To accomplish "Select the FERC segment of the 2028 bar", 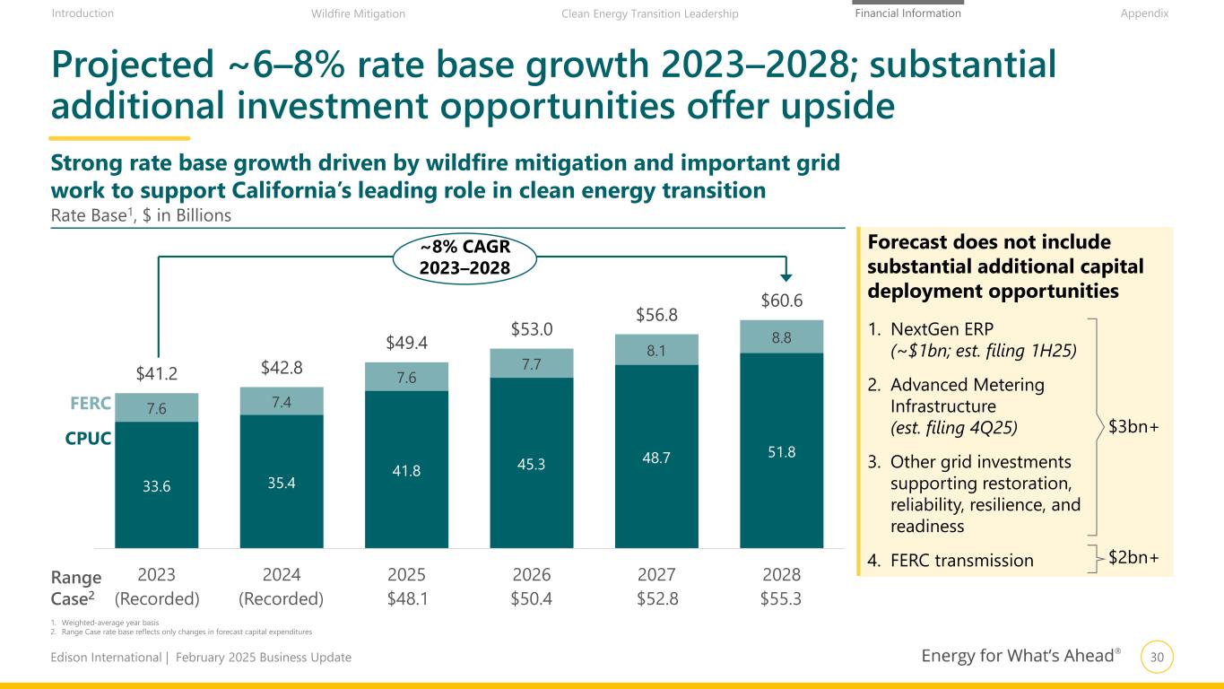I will click(x=781, y=336).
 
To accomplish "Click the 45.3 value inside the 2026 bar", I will click(x=531, y=465).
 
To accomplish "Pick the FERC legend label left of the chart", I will click(x=91, y=404).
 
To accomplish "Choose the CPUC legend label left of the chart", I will click(x=88, y=440).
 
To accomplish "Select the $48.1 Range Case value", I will click(x=406, y=597).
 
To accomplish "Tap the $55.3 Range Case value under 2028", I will click(x=781, y=597).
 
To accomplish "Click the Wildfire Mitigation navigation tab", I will click(x=358, y=13).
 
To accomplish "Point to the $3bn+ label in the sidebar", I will click(x=1133, y=427).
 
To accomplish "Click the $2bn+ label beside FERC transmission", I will click(x=1133, y=558).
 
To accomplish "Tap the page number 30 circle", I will click(x=1156, y=658).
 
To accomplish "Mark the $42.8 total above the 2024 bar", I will click(x=282, y=366).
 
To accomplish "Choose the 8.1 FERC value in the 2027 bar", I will click(x=655, y=349).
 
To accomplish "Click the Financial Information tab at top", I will click(x=907, y=13).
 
